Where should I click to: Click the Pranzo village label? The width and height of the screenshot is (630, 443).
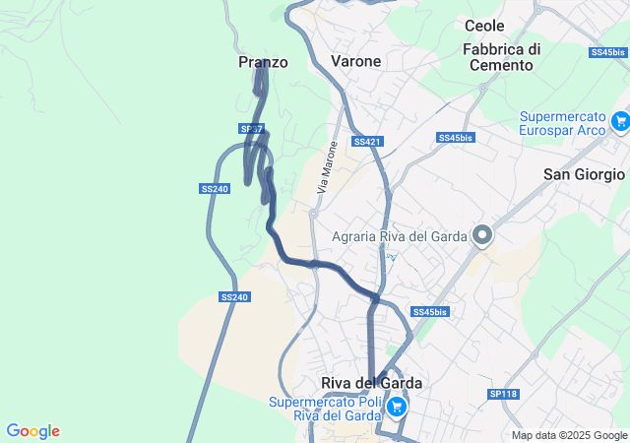263,62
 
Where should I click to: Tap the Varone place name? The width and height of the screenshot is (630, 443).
355,62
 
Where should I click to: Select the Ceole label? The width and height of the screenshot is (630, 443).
484,27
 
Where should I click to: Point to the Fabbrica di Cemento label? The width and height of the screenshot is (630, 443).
501,57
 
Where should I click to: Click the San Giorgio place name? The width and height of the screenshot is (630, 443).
584,174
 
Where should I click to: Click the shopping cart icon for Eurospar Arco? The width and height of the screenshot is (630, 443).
620,121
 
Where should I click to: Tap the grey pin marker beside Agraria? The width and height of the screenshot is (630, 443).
482,235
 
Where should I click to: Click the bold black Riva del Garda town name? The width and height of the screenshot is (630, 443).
371,383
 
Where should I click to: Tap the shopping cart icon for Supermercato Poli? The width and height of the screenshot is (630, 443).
396,406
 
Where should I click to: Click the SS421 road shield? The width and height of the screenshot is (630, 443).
366,142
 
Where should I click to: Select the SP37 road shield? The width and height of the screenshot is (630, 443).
251,129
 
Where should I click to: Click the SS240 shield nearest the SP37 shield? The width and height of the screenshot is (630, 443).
215,188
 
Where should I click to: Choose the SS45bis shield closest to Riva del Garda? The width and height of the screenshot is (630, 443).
429,312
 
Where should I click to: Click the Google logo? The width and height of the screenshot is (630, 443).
32,431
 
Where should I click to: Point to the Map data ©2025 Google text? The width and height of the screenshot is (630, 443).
569,435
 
